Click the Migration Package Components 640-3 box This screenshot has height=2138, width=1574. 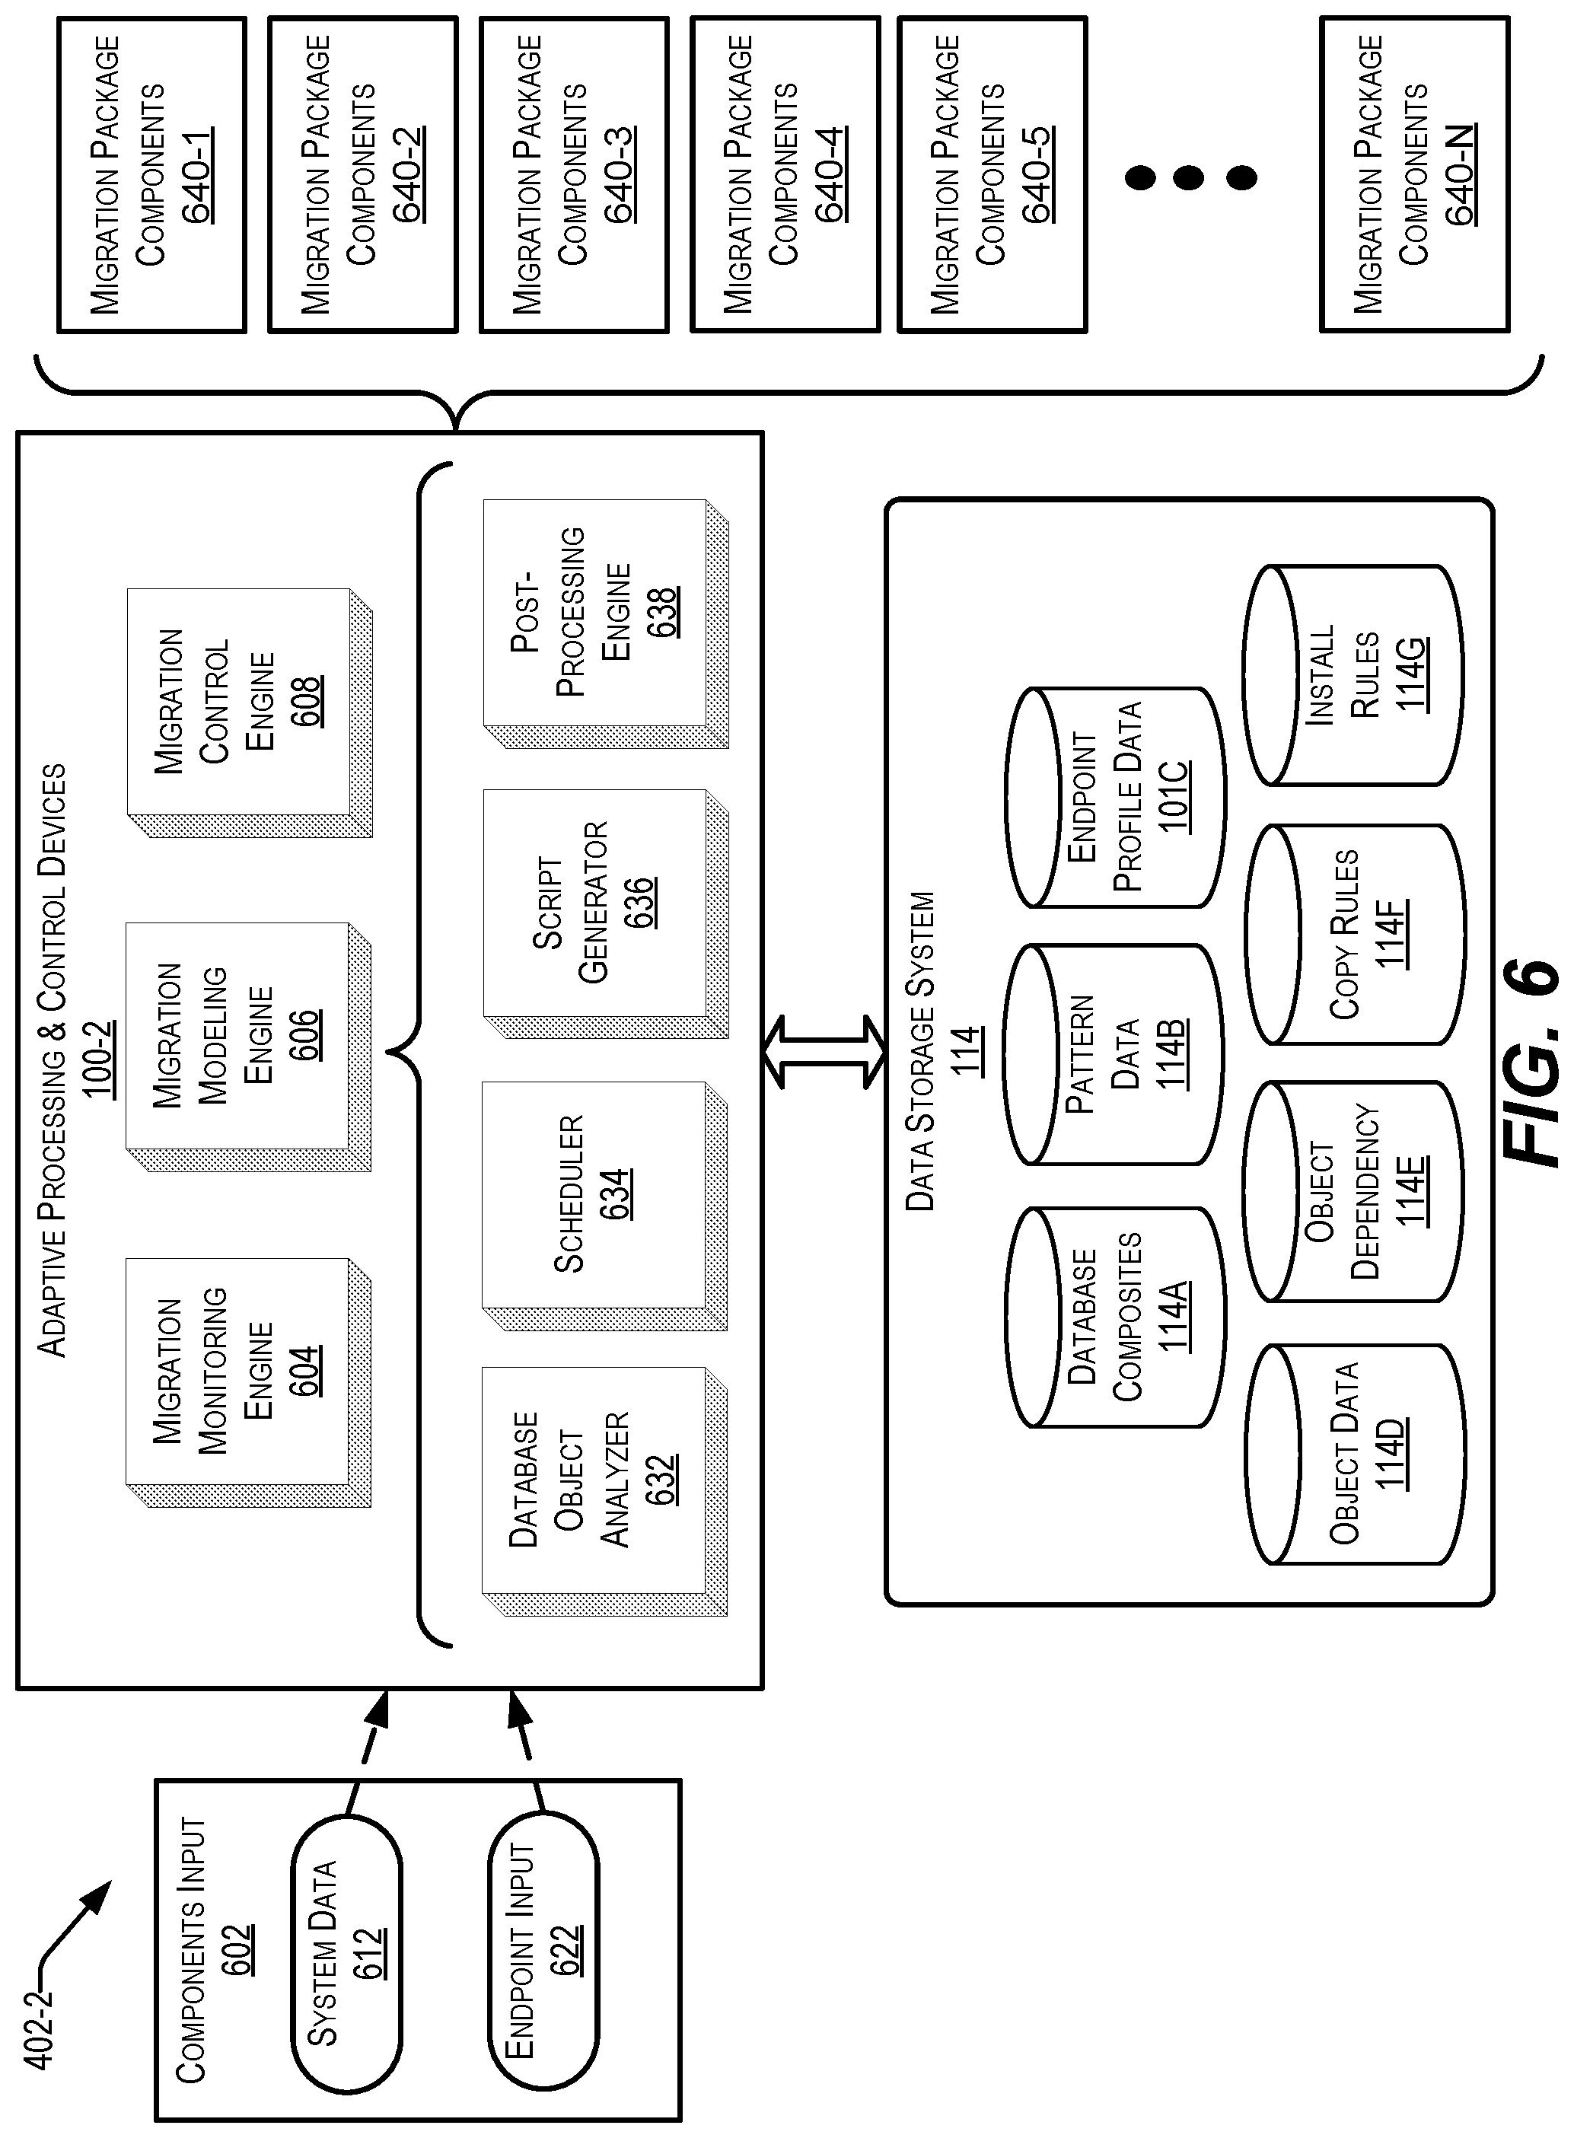pyautogui.click(x=575, y=174)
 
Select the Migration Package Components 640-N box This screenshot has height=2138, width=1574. pyautogui.click(x=1415, y=174)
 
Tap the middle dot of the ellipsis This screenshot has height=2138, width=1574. pyautogui.click(x=1188, y=177)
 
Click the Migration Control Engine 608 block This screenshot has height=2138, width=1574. pyautogui.click(x=250, y=712)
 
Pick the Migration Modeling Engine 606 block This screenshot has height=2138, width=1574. pyautogui.click(x=250, y=1046)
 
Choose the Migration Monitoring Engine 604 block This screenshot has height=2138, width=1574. pyautogui.click(x=250, y=1382)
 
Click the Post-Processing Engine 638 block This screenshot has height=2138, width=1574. pyautogui.click(x=606, y=623)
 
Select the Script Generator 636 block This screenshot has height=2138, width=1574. pyautogui.click(x=606, y=913)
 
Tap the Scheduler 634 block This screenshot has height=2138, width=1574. pyautogui.click(x=605, y=1206)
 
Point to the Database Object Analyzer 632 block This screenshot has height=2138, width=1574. pyautogui.click(x=605, y=1492)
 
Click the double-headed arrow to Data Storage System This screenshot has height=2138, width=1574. pyautogui.click(x=825, y=1052)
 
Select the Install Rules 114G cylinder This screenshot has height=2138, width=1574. pyautogui.click(x=1353, y=676)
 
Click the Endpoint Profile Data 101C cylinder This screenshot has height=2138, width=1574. pyautogui.click(x=1116, y=798)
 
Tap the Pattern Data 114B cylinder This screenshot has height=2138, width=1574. pyautogui.click(x=1114, y=1055)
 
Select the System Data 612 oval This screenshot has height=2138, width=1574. pyautogui.click(x=346, y=1954)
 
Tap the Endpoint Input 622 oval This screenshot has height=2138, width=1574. pyautogui.click(x=543, y=1954)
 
